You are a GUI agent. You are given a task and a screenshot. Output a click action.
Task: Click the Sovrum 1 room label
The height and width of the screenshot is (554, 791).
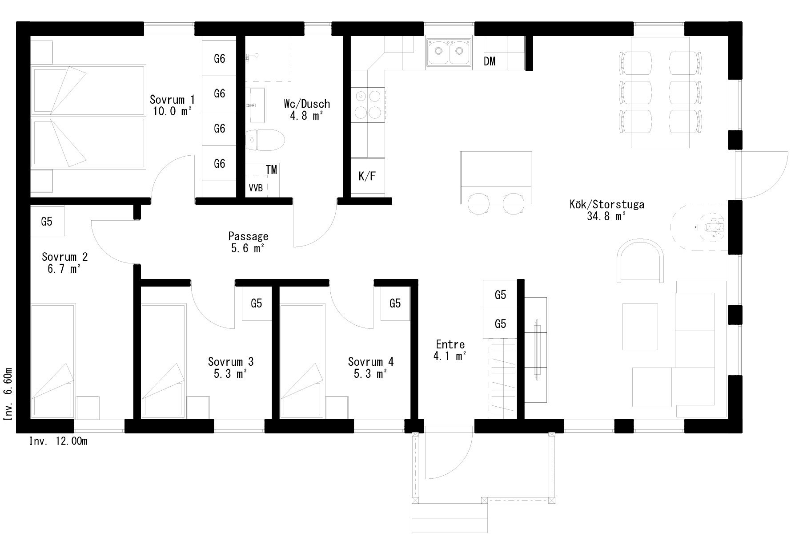pyautogui.click(x=172, y=99)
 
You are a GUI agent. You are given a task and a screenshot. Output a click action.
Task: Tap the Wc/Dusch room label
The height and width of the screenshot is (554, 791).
pyautogui.click(x=307, y=104)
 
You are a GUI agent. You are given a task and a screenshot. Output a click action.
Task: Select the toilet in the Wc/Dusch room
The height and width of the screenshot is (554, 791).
pyautogui.click(x=265, y=140)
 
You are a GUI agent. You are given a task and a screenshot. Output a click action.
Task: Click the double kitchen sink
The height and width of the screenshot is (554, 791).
pyautogui.click(x=449, y=53)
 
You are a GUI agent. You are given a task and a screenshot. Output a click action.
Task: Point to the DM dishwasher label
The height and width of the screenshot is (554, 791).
pyautogui.click(x=490, y=61)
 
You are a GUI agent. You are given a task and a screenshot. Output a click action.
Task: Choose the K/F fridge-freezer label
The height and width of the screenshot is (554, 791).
pyautogui.click(x=367, y=176)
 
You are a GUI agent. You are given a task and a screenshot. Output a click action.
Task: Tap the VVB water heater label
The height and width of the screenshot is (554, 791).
pyautogui.click(x=256, y=188)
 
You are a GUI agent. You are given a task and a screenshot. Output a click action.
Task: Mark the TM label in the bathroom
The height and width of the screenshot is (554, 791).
pyautogui.click(x=271, y=170)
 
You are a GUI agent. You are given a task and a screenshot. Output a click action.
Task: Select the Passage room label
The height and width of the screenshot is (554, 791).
pyautogui.click(x=248, y=236)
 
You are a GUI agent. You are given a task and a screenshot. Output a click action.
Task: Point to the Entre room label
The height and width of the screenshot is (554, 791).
pyautogui.click(x=450, y=344)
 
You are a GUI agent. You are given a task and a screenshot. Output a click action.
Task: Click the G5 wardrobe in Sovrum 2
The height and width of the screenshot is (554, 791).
pyautogui.click(x=47, y=221)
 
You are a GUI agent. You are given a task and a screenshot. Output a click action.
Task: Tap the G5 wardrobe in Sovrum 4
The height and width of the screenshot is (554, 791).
pyautogui.click(x=395, y=303)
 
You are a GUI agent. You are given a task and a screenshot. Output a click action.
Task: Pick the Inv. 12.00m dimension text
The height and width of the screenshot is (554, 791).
pyautogui.click(x=58, y=441)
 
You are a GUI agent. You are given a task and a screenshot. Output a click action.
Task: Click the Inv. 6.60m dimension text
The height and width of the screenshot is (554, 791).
pyautogui.click(x=8, y=394)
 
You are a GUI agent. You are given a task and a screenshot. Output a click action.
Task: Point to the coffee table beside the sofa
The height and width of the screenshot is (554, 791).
pyautogui.click(x=640, y=327)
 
